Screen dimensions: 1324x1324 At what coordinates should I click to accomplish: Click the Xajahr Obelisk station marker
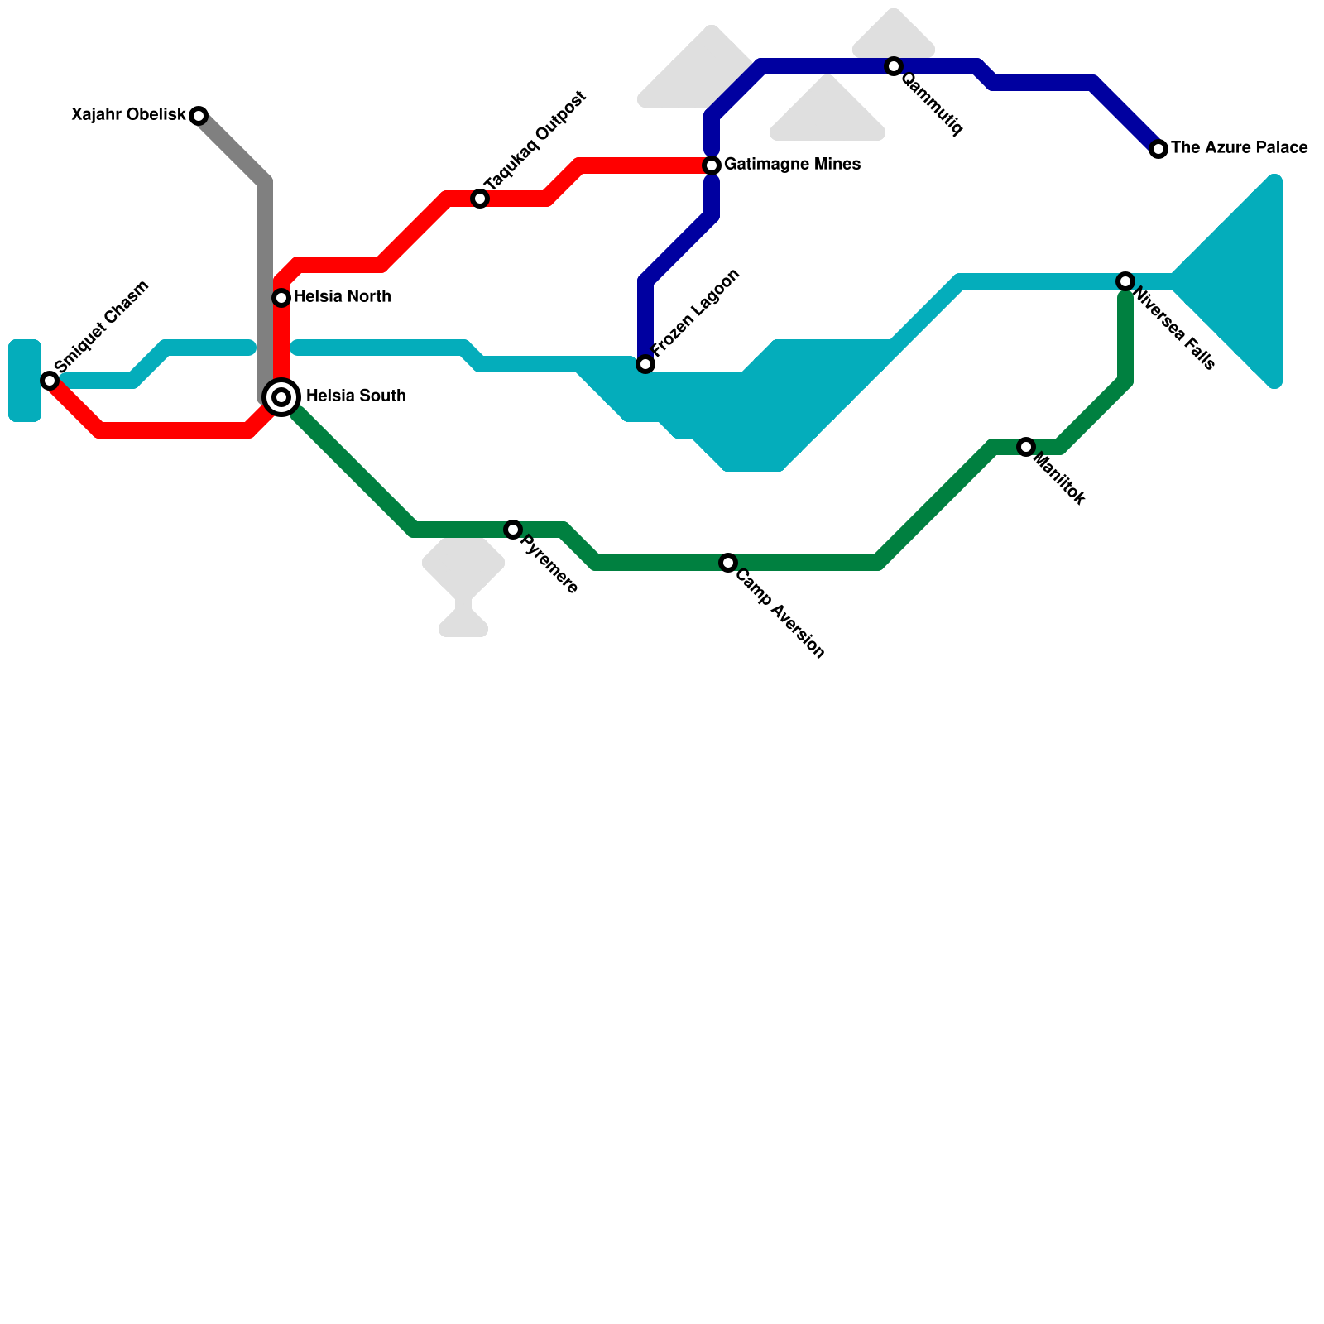coord(199,116)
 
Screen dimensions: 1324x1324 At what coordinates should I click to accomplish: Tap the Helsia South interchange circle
coord(281,397)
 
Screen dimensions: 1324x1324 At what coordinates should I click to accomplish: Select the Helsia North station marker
coord(281,297)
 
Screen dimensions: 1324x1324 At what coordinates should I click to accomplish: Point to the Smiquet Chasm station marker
coord(50,381)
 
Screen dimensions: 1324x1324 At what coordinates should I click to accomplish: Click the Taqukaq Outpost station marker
coord(480,199)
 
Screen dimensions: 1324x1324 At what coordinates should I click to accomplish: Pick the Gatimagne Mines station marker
coord(712,165)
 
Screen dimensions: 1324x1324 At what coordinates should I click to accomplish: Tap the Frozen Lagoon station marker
coord(645,364)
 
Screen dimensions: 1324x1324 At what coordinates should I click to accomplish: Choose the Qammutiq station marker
coord(894,66)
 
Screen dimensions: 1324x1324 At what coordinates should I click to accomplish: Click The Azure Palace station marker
coord(1158,149)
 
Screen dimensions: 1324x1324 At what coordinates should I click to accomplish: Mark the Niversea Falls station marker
coord(1125,281)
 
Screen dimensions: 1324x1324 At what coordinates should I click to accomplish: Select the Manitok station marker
coord(1026,447)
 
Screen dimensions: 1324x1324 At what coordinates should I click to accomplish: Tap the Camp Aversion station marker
coord(728,563)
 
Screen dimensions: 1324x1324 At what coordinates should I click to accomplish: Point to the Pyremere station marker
coord(513,530)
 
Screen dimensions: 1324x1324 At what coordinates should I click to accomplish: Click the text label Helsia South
coord(356,396)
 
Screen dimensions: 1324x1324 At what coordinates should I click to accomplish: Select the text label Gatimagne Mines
coord(792,165)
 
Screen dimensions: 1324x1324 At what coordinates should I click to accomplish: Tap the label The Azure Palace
coord(1239,148)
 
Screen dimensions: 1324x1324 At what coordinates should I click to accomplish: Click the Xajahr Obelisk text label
coord(128,115)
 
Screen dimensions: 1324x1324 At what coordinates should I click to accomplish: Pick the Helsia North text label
coord(342,296)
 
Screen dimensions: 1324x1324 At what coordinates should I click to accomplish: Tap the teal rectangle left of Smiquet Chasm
coord(25,381)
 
